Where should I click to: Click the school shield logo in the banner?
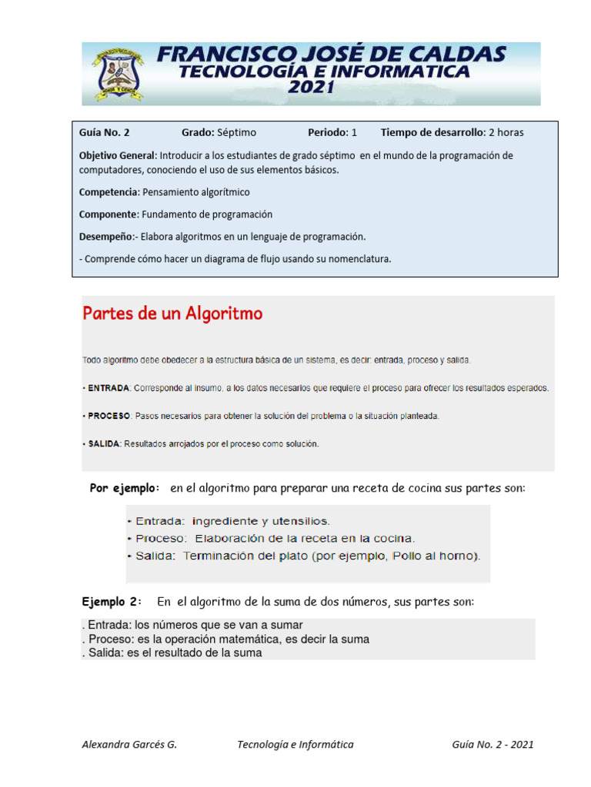[117, 75]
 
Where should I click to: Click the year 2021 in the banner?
[310, 88]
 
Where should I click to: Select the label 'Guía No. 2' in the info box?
[105, 132]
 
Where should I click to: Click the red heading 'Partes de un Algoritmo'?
[172, 314]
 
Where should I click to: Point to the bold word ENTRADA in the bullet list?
[109, 388]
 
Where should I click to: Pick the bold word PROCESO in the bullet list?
[109, 416]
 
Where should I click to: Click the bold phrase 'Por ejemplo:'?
[125, 488]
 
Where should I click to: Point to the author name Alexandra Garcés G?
[129, 744]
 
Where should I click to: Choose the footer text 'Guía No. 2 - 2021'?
[492, 744]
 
